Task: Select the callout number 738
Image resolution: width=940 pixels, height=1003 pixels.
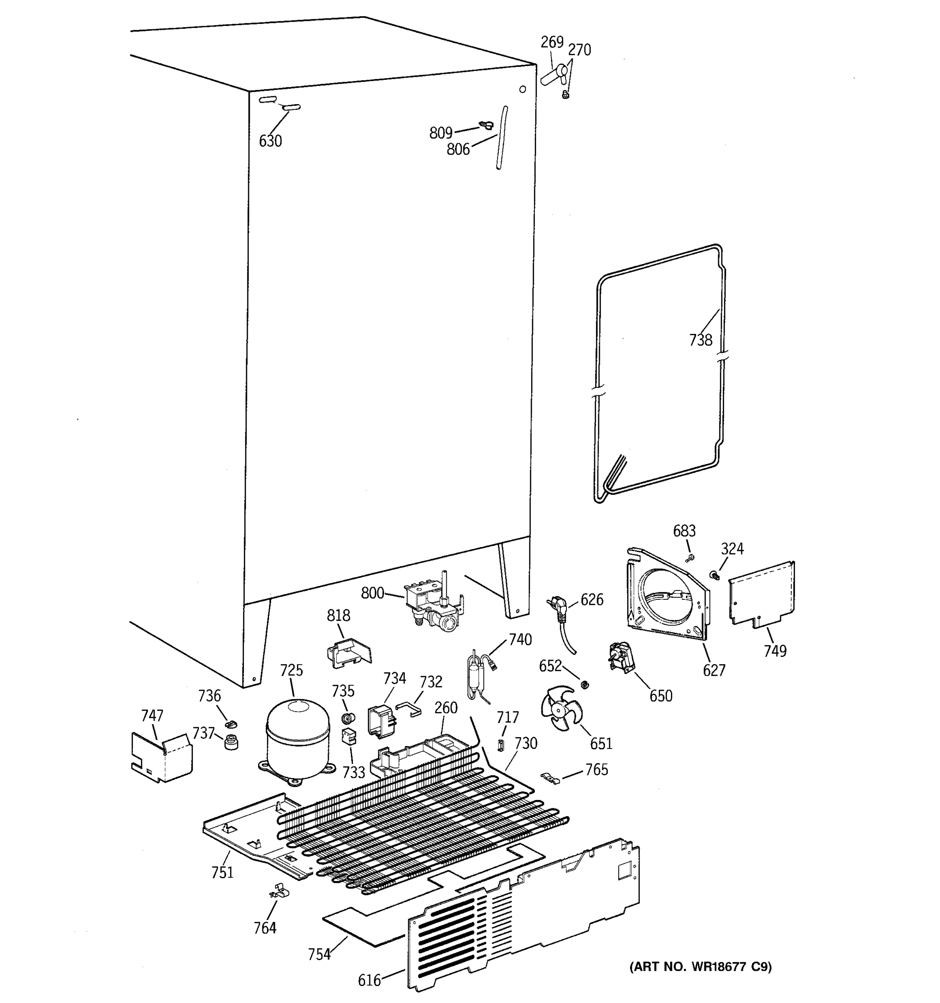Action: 701,340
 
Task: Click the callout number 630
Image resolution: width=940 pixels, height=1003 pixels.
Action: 270,141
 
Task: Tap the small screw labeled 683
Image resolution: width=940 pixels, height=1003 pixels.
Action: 690,558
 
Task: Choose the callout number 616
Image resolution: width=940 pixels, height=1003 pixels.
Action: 369,980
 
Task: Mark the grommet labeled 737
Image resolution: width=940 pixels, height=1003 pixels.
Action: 231,742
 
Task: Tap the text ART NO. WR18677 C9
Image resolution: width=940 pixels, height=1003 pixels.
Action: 701,967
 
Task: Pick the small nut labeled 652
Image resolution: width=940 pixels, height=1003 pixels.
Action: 585,685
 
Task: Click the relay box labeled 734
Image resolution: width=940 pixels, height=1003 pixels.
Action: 382,720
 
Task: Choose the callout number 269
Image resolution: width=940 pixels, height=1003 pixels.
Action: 552,42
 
